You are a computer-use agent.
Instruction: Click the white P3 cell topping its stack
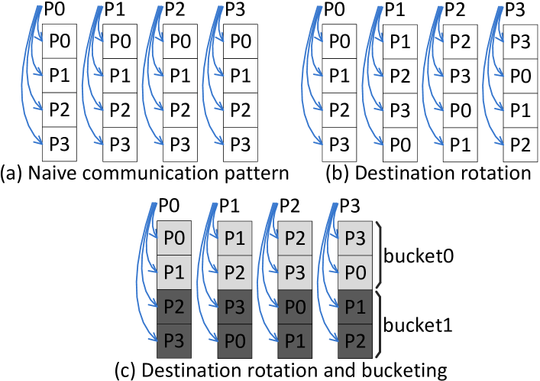click(520, 43)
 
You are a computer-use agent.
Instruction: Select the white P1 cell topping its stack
click(399, 43)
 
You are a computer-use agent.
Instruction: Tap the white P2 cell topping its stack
click(460, 43)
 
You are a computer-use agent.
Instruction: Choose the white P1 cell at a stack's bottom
click(460, 144)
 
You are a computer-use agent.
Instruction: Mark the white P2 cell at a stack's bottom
click(520, 144)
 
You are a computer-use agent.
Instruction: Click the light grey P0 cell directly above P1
click(173, 238)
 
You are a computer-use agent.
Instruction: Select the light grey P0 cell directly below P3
click(354, 272)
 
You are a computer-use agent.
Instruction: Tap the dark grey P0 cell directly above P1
click(294, 307)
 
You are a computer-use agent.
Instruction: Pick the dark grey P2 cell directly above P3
click(173, 307)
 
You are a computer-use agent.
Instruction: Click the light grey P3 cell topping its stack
click(354, 238)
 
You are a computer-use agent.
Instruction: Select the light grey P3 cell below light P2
click(294, 272)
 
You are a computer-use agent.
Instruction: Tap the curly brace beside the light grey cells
click(380, 256)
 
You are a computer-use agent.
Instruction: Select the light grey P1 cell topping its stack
click(234, 238)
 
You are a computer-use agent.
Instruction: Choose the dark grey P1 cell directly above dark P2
click(354, 307)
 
